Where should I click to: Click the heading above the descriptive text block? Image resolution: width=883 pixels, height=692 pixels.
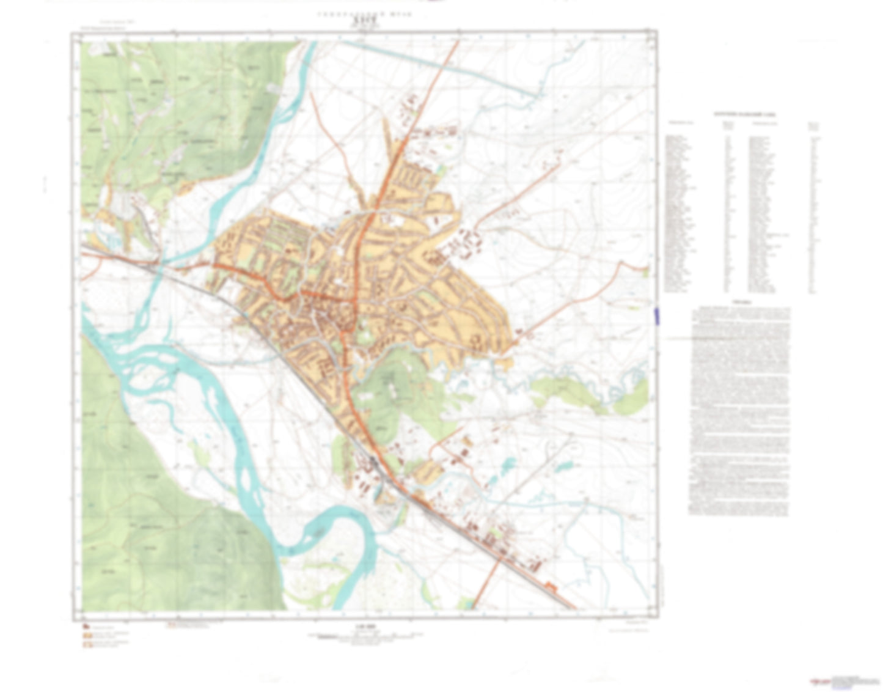tap(741, 303)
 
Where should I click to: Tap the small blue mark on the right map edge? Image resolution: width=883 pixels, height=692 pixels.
tap(657, 315)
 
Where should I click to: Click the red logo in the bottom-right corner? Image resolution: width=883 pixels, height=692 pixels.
tap(819, 680)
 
